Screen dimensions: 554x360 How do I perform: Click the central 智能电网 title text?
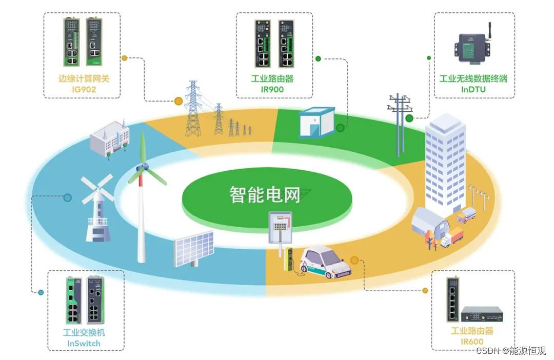point(265,195)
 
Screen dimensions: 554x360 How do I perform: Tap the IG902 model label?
point(84,89)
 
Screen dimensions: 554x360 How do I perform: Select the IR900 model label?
point(272,89)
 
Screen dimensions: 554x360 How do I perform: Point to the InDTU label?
point(473,89)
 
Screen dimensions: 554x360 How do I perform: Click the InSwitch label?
point(84,344)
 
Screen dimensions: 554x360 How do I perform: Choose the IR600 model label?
point(472,342)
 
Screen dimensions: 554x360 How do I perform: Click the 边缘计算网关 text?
point(84,78)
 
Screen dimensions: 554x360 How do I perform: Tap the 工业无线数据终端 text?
point(473,78)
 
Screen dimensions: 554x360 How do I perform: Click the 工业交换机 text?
point(84,332)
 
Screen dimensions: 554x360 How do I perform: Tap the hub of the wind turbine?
point(144,168)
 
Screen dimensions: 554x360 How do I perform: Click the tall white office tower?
point(445,163)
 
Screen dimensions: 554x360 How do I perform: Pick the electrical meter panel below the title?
point(280,227)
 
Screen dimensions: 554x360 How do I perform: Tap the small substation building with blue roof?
point(316,122)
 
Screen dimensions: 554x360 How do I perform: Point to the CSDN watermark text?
point(511,350)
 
